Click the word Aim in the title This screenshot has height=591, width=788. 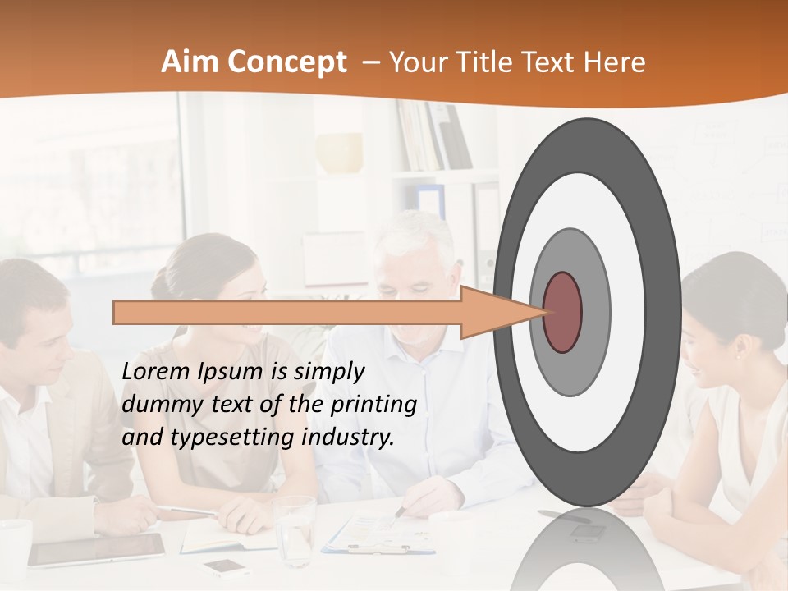[x=186, y=63]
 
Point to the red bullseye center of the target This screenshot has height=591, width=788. [x=563, y=312]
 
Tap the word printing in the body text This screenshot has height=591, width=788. [x=373, y=405]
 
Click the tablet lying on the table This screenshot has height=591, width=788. [x=96, y=549]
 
